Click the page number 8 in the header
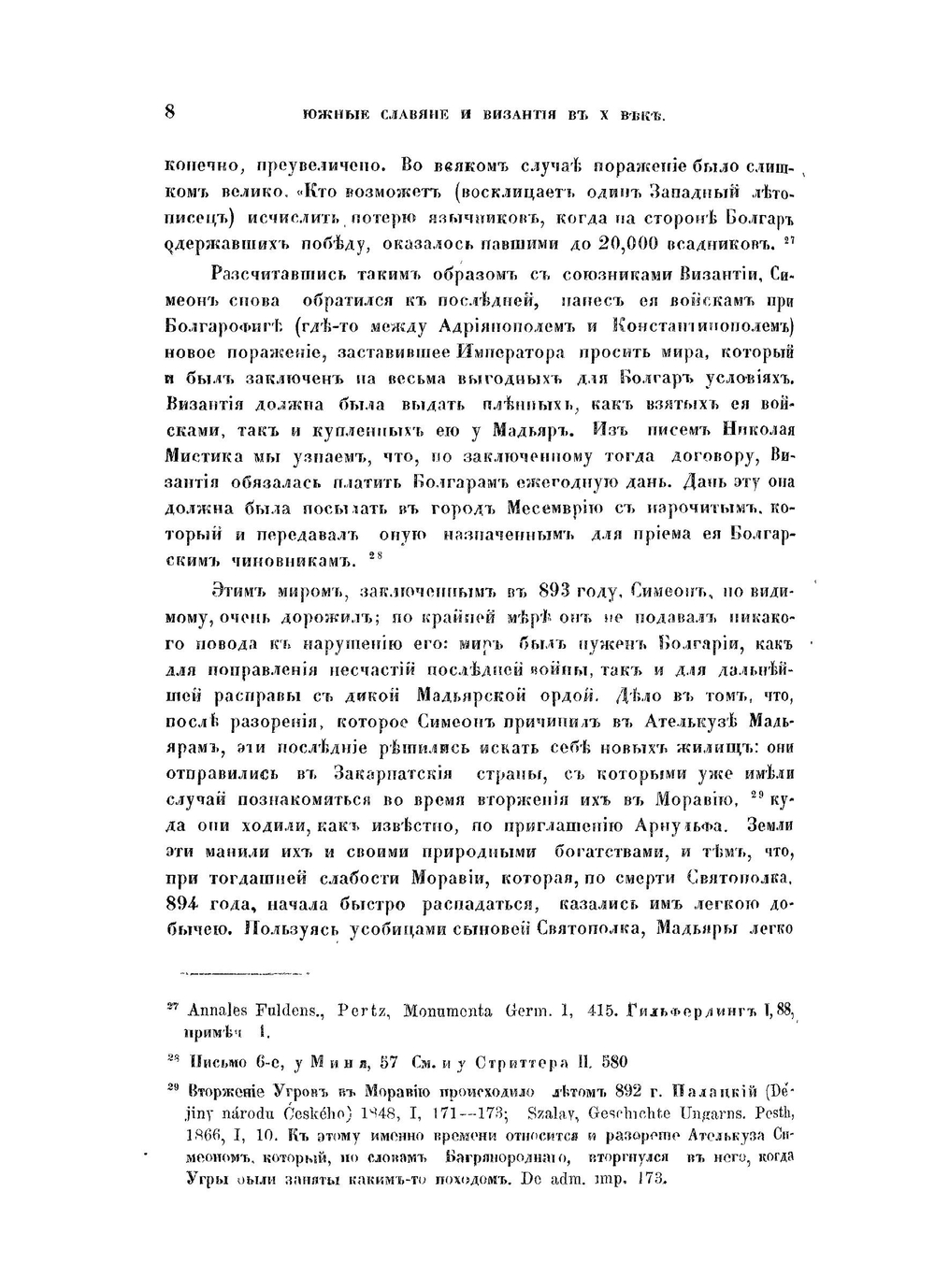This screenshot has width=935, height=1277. (x=169, y=111)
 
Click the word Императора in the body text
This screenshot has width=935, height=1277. (x=512, y=352)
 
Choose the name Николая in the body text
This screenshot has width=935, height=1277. (x=758, y=431)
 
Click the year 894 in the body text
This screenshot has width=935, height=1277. (x=184, y=904)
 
